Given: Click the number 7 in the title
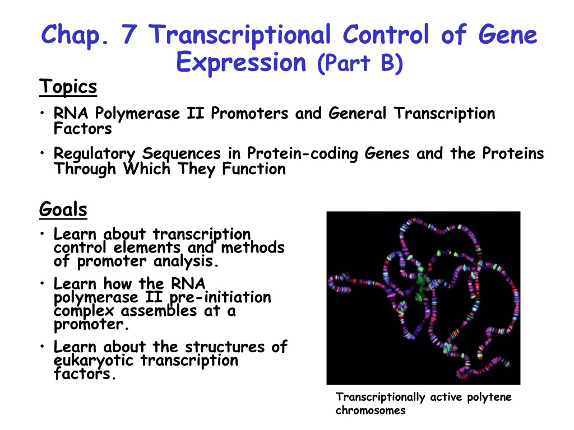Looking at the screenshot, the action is point(129,34).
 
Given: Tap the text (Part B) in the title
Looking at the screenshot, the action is point(360,62).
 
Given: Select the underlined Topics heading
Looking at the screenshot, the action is point(68,87).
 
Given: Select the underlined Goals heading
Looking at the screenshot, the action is point(63,209).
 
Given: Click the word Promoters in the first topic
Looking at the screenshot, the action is point(249,113).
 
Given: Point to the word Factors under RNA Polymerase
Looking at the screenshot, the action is point(83,129).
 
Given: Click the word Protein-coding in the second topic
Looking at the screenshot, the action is point(302,153).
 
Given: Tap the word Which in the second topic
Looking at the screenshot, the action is point(147,169).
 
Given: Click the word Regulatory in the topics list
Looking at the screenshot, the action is point(94,154).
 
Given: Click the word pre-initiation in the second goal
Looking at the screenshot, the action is point(220,297).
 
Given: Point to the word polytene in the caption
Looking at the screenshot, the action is point(489,398).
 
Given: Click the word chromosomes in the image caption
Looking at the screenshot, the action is point(371,410).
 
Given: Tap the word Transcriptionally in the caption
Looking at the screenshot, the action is point(381,398).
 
